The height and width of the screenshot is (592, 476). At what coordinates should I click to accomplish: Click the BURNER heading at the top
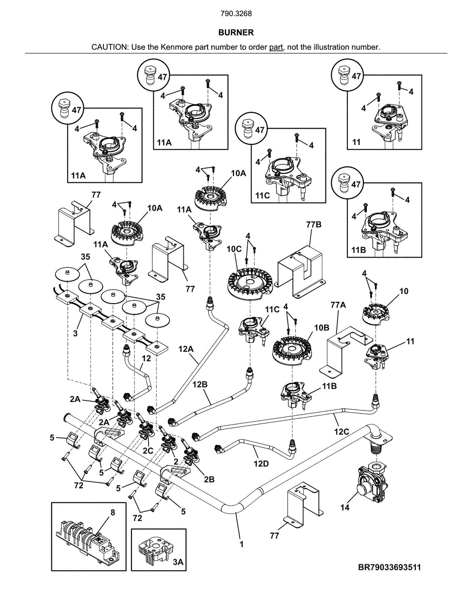[x=236, y=32]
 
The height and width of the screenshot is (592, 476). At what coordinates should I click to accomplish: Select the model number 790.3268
[x=236, y=14]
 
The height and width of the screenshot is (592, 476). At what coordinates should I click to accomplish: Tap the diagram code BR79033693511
[x=389, y=567]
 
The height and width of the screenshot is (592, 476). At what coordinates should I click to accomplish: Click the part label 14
[x=345, y=507]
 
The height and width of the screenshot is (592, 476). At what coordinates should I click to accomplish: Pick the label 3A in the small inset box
[x=178, y=562]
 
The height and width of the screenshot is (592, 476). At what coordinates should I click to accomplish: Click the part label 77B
[x=314, y=225]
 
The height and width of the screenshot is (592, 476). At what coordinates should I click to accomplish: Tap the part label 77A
[x=338, y=305]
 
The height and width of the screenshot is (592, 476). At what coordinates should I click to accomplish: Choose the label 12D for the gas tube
[x=261, y=464]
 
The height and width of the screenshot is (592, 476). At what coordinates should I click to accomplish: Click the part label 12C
[x=342, y=431]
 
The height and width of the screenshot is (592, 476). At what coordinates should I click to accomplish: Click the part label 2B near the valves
[x=209, y=479]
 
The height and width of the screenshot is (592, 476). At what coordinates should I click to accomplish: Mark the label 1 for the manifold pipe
[x=242, y=544]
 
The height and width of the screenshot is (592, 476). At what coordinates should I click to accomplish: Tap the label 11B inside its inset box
[x=358, y=250]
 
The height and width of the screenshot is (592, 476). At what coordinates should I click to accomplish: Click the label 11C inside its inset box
[x=262, y=196]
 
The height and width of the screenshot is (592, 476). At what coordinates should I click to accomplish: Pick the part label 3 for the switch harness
[x=75, y=333]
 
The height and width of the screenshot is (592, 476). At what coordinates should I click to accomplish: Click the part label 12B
[x=200, y=384]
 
